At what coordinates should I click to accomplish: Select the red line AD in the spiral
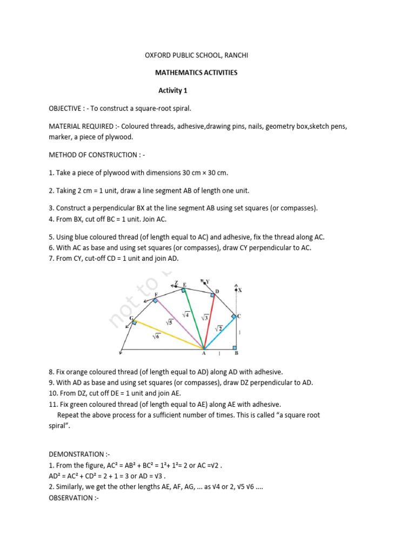(x=210, y=322)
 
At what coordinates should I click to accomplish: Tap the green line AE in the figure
(x=194, y=319)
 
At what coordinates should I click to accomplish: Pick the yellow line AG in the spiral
(x=168, y=335)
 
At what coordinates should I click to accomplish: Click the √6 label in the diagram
(x=156, y=336)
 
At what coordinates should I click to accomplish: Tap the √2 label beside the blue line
(x=219, y=328)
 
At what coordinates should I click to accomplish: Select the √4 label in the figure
(x=185, y=314)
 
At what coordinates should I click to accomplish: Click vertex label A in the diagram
(x=204, y=354)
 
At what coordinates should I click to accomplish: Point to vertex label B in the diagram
(x=236, y=354)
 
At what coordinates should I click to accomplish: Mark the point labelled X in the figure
(x=240, y=290)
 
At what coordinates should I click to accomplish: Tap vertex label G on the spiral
(x=131, y=319)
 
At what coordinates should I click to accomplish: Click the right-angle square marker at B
(x=233, y=347)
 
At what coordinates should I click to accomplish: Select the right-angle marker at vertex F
(x=156, y=300)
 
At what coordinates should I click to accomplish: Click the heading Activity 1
(x=172, y=90)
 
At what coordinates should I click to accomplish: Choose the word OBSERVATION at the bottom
(x=71, y=497)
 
